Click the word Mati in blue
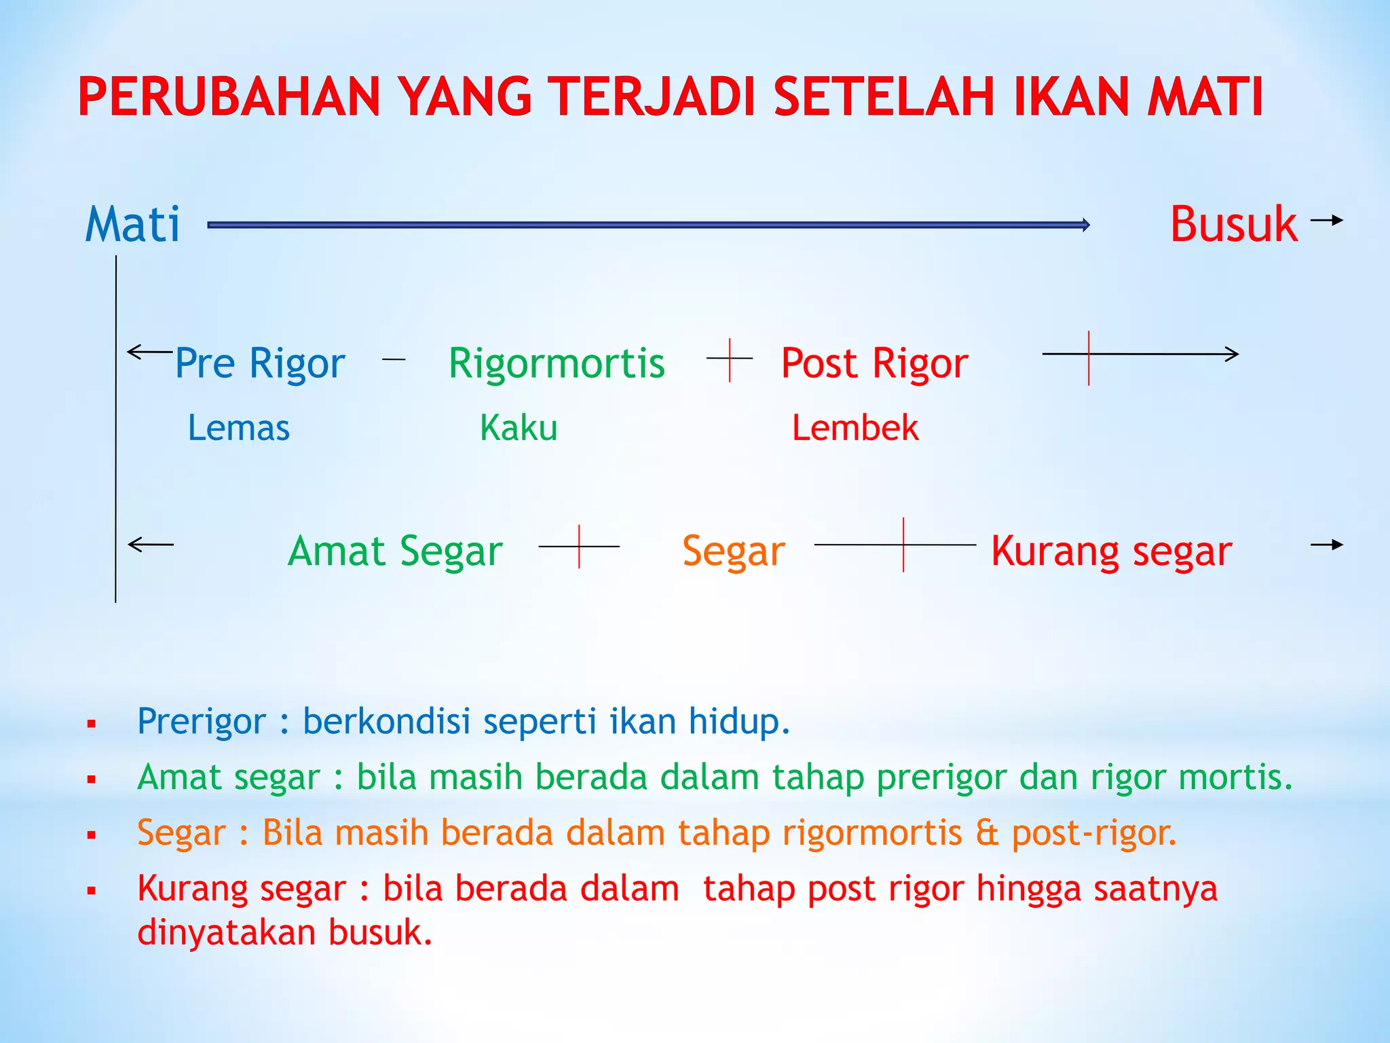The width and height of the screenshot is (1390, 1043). point(133,225)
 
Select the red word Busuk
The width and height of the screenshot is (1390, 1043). point(1233,225)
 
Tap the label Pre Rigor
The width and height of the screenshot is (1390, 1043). point(260,363)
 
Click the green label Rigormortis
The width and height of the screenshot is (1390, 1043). point(557,363)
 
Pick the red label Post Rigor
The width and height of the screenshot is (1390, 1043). point(874,363)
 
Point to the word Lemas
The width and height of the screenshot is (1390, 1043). point(239,428)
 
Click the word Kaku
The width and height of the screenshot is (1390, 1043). point(519,428)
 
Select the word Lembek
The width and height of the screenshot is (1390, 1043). point(855,428)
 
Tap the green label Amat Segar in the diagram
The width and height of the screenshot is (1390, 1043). point(395,551)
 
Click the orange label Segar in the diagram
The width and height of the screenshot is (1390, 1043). point(733,551)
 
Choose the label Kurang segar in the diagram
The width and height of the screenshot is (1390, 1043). point(1111,551)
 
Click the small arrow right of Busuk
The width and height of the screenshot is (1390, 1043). point(1327,220)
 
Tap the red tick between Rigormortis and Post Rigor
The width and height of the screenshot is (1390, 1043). point(730,360)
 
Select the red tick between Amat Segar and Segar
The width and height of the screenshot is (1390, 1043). point(579,546)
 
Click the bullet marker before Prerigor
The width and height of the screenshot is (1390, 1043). point(92,725)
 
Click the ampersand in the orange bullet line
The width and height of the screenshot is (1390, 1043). point(987,833)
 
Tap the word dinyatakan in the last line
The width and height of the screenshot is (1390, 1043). point(226,932)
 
